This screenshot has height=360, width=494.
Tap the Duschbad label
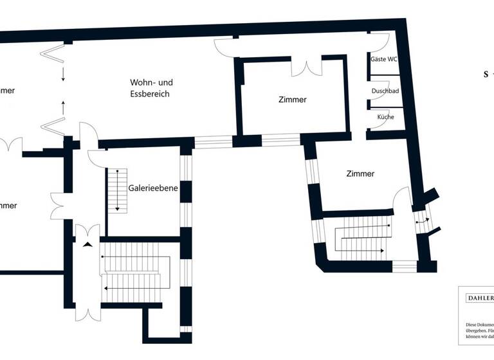click(385, 91)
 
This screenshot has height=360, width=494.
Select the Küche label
click(385, 117)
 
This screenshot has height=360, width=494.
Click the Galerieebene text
click(153, 188)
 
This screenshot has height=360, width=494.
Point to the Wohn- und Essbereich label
click(151, 88)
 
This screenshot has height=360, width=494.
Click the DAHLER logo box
click(477, 298)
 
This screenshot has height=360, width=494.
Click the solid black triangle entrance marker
click(87, 244)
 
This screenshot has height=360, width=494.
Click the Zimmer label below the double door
click(293, 100)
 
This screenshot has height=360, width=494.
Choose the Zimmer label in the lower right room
click(360, 174)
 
